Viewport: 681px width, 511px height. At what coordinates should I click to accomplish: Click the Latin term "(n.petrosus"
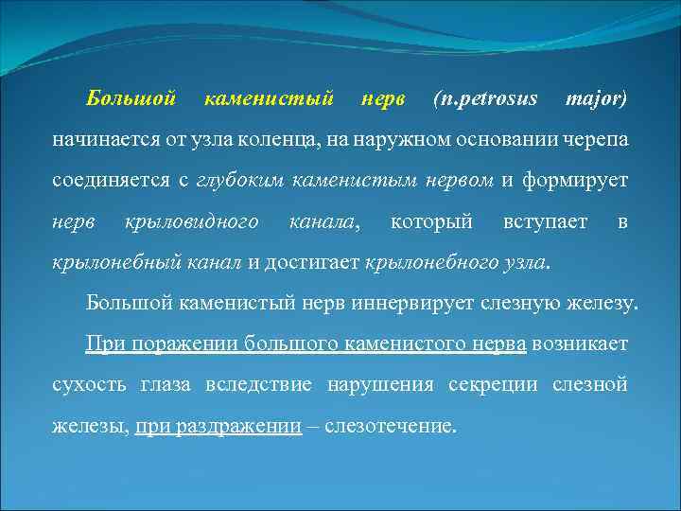point(483,98)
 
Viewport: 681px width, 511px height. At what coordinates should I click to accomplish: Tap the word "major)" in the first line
point(595,98)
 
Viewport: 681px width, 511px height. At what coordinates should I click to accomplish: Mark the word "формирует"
point(580,181)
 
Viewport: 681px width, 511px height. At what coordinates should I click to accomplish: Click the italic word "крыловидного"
point(192,221)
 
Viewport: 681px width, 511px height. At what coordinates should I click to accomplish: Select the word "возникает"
point(579,344)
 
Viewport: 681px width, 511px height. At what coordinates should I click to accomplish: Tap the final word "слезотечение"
point(390,427)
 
